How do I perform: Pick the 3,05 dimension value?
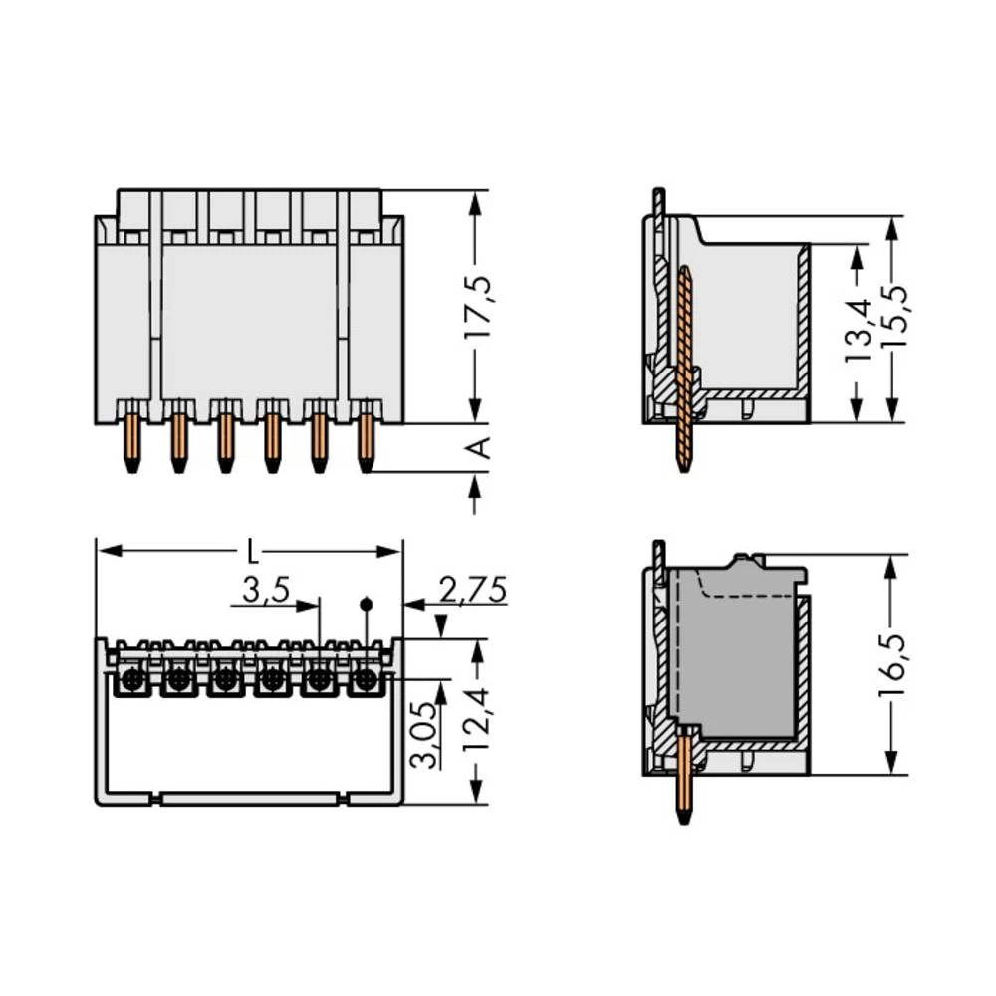(x=424, y=735)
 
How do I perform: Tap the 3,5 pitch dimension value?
(x=266, y=590)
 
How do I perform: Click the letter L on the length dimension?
(x=253, y=552)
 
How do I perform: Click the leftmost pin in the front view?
(x=131, y=443)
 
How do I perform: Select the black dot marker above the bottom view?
(x=366, y=604)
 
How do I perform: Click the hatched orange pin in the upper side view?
(x=684, y=370)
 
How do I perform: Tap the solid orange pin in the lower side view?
(x=684, y=777)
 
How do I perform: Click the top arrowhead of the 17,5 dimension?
(x=475, y=203)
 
